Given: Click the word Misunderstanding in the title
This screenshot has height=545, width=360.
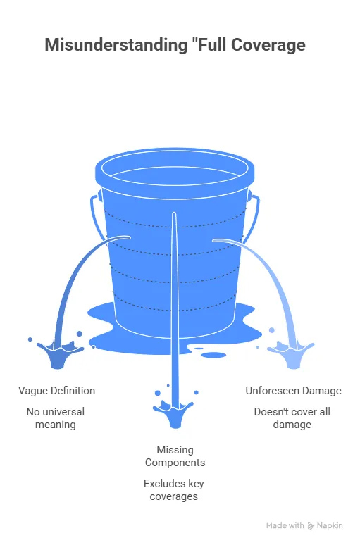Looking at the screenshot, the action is tap(116, 46).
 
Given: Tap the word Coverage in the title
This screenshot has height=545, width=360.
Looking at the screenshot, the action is tap(268, 46).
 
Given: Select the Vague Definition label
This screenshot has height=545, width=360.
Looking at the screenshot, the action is tap(56, 391).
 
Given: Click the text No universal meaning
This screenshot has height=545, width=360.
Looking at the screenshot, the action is tap(56, 418).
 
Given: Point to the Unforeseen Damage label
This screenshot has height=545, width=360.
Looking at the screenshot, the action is tap(294, 391).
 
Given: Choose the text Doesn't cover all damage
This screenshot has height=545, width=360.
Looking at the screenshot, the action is tap(292, 418).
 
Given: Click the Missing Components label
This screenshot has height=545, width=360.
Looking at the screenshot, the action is tap(175, 456).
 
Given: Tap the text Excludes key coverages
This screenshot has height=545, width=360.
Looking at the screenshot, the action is tap(174, 490).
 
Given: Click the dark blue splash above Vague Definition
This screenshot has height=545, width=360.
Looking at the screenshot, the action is tap(58, 353).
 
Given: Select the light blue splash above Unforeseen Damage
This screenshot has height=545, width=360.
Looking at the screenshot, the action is tap(291, 354).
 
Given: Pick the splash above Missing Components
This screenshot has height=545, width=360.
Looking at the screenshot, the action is tap(173, 413).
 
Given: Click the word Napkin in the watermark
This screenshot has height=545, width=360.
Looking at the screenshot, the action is tap(330, 525).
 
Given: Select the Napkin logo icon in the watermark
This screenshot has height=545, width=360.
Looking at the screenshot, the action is tap(311, 526).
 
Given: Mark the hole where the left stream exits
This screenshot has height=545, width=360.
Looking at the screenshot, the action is tap(128, 237).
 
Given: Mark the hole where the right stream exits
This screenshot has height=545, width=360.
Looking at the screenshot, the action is tap(216, 240).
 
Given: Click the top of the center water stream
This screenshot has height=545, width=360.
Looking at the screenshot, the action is tap(174, 213).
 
